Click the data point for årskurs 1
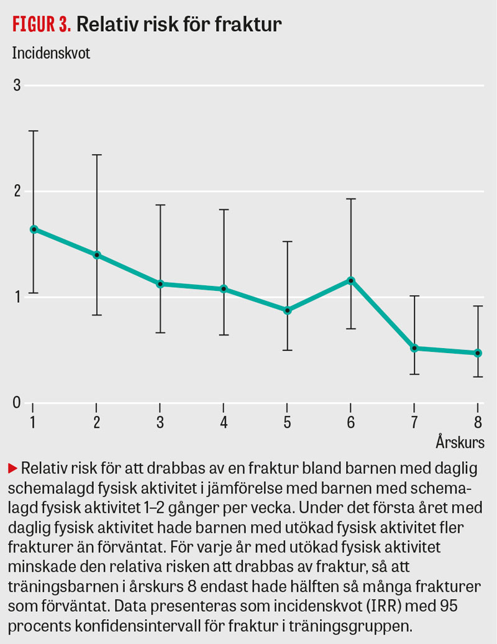tap(34, 229)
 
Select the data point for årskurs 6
tap(351, 280)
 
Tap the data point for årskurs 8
tap(478, 353)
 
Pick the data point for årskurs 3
tap(160, 284)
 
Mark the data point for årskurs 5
tap(288, 310)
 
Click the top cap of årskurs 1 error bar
tap(34, 131)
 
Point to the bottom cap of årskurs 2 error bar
tap(97, 315)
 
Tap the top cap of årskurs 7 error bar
tap(414, 296)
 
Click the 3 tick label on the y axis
tap(17, 85)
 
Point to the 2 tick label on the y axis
tap(17, 191)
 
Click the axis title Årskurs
tap(460, 443)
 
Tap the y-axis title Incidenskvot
tap(51, 53)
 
